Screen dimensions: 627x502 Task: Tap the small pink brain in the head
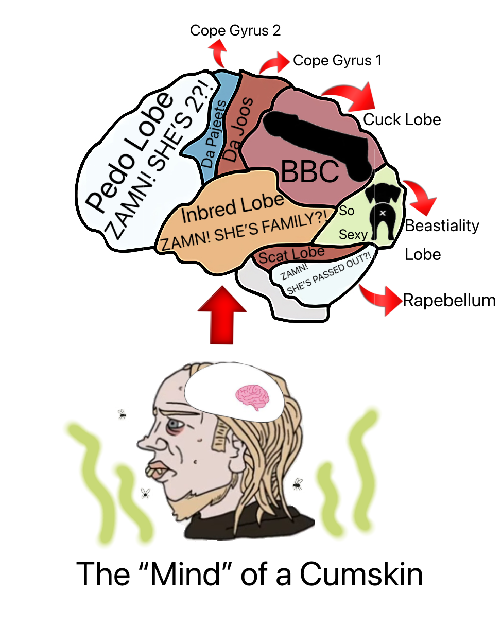coord(253,396)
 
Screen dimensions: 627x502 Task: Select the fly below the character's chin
coord(145,493)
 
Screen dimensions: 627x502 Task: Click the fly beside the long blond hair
coord(297,483)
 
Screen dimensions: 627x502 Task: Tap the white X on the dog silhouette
coord(383,212)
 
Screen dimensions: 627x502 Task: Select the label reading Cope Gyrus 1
coord(337,61)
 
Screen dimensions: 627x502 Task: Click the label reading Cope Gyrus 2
coord(235,30)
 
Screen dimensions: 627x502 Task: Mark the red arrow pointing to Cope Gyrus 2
coord(218,51)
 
